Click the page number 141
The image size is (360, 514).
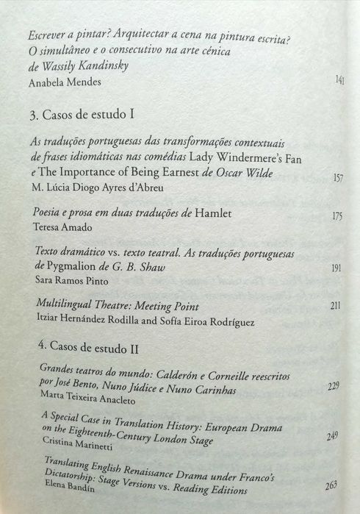click(x=339, y=80)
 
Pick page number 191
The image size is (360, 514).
click(x=336, y=268)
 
